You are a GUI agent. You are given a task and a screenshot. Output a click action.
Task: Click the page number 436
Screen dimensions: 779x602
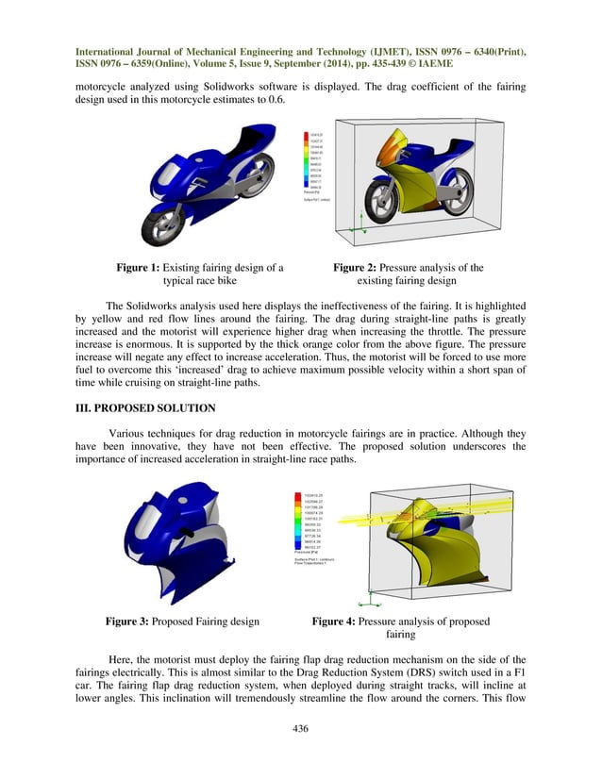[x=301, y=729]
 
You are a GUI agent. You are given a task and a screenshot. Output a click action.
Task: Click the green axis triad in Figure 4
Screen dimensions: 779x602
[x=376, y=596]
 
